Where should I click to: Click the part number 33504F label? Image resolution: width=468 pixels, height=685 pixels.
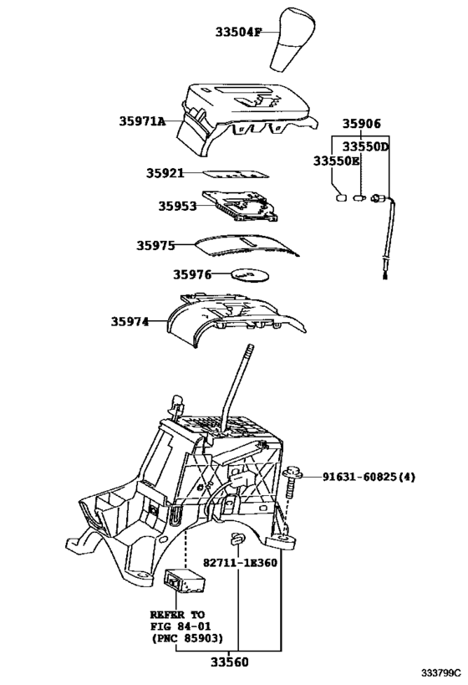237,32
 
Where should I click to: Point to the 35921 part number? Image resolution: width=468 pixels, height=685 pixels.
165,173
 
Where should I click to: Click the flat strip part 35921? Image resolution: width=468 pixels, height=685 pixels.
238,174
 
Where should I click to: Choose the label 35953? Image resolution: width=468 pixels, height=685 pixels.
178,204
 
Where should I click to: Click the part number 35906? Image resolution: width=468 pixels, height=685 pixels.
361,123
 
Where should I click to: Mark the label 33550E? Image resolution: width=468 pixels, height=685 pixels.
337,160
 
